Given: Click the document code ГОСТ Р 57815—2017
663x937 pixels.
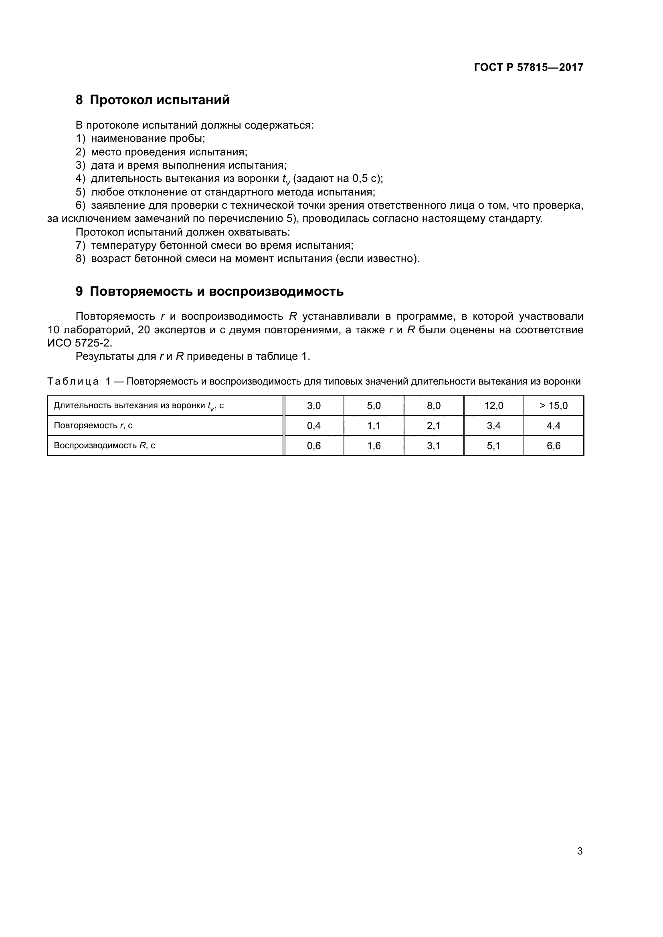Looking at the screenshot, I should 528,67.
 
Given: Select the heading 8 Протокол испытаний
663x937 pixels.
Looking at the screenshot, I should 153,100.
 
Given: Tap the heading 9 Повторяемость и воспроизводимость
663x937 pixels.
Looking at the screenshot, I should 209,291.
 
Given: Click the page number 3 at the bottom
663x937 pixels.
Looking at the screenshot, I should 580,851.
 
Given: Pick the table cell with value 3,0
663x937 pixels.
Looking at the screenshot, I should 313,406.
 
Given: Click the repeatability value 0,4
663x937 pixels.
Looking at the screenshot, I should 313,426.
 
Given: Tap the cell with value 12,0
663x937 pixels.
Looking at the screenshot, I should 493,406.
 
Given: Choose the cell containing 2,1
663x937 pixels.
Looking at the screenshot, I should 434,426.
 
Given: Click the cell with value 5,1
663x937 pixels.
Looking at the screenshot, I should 493,445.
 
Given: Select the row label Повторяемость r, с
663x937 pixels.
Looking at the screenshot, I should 93,426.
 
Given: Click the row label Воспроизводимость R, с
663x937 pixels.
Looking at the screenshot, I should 105,445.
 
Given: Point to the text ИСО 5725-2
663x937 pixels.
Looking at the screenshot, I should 79,343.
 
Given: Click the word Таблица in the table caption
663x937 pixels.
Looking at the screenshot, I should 73,382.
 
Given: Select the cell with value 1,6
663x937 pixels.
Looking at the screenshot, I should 374,445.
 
